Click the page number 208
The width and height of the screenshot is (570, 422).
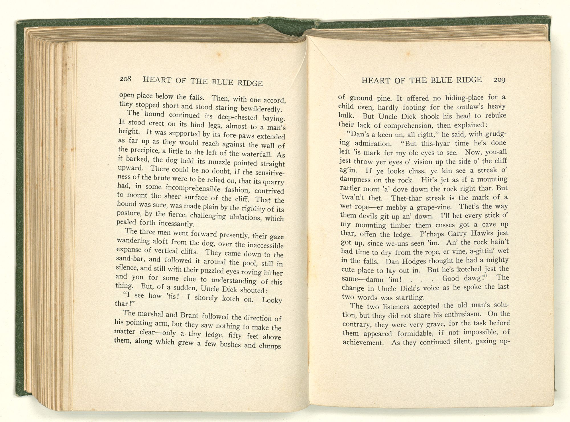[x=125, y=79]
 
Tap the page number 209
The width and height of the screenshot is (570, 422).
[x=499, y=80]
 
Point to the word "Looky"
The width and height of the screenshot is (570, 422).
[x=272, y=300]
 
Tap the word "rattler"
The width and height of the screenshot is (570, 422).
[x=350, y=188]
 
